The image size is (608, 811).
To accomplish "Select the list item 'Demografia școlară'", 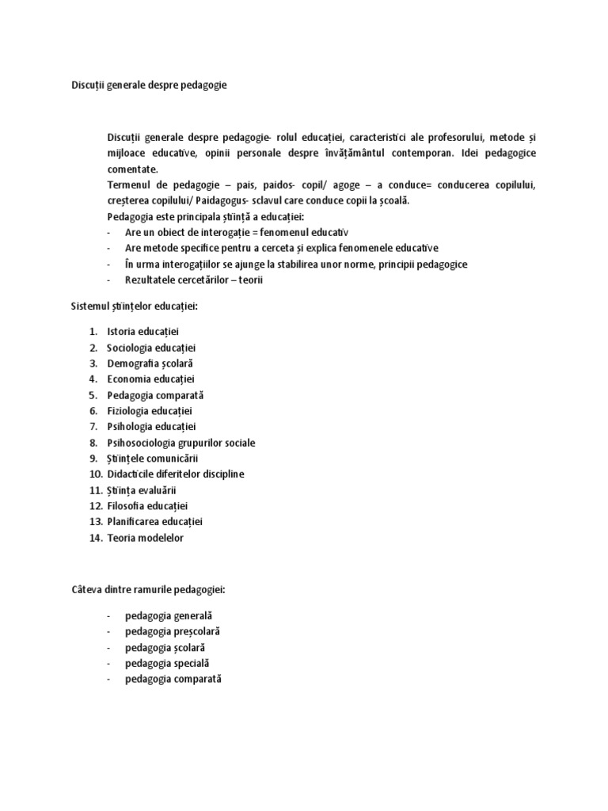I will pyautogui.click(x=150, y=364).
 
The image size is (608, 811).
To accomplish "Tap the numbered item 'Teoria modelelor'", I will pyautogui.click(x=145, y=538).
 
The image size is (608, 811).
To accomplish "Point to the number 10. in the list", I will pyautogui.click(x=95, y=474).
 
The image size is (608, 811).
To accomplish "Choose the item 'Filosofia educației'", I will pyautogui.click(x=147, y=506).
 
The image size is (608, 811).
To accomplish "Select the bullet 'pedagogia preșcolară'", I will pyautogui.click(x=172, y=631).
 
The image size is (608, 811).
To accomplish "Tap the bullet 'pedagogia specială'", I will pyautogui.click(x=167, y=663).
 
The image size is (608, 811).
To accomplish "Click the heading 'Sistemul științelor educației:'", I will pyautogui.click(x=140, y=306).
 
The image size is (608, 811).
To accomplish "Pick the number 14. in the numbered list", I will pyautogui.click(x=95, y=538).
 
